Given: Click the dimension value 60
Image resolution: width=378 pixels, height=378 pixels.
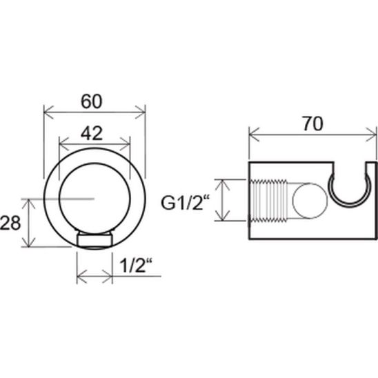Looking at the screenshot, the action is pos(91,101).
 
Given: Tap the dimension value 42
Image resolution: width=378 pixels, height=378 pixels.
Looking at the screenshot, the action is pos(92,134).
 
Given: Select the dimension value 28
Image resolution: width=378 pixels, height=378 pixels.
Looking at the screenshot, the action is pos(10,223).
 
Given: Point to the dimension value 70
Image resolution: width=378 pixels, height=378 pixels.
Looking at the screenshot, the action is pos(312,124).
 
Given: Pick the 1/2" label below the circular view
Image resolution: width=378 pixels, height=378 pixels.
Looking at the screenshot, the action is pos(136,265).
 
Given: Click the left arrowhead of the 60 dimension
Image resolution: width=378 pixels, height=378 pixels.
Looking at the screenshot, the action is pos(48,112).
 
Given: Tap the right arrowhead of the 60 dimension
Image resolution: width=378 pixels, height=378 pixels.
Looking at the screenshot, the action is pos(141,112).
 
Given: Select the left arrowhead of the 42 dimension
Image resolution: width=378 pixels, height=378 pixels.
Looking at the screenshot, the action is pos(64,144).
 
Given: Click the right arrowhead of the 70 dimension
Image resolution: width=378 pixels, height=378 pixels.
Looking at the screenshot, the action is pos(371,135).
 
